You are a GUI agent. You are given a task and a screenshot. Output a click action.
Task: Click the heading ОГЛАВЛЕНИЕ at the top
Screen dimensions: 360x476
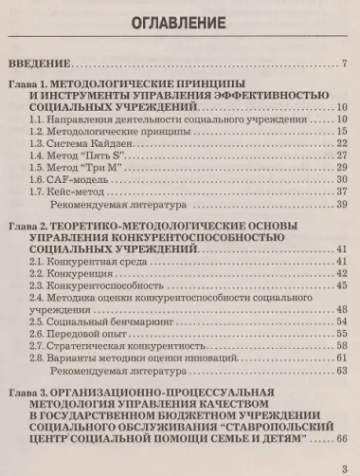click(179, 21)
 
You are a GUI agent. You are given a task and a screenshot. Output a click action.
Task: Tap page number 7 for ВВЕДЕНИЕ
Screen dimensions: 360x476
click(346, 65)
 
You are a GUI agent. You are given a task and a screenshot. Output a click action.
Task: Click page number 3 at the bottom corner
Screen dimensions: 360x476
click(345, 465)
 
